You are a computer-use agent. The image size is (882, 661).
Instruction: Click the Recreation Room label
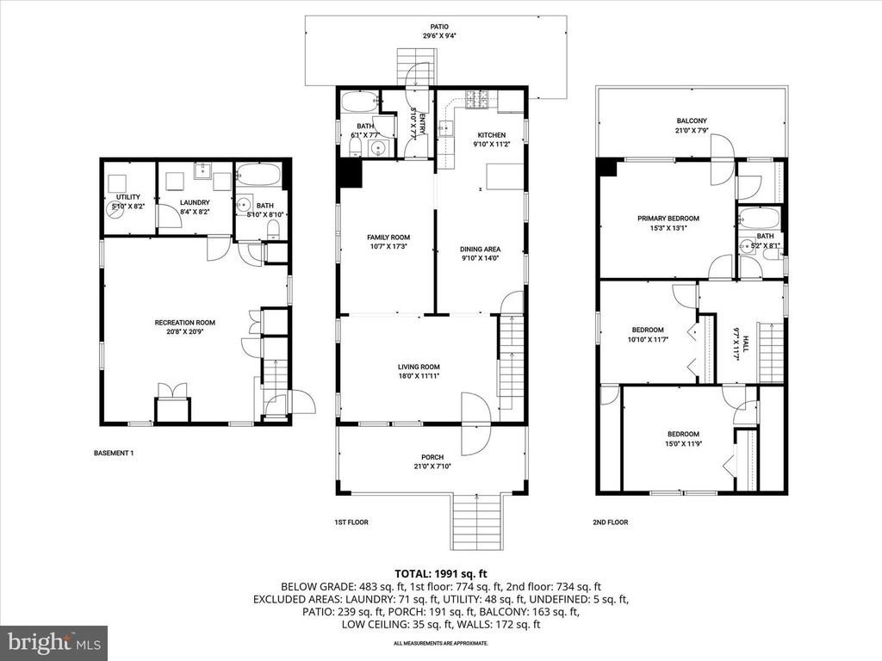tap(184, 323)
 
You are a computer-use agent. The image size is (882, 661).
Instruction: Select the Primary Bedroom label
tap(668, 219)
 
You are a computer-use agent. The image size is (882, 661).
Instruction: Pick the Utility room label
tap(116, 197)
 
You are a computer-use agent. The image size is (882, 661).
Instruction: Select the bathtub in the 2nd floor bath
tap(760, 217)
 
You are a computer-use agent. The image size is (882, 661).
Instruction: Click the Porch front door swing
tap(475, 424)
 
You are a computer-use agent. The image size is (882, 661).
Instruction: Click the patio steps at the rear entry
tap(413, 67)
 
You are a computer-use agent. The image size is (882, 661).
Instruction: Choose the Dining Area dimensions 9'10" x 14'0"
tap(480, 257)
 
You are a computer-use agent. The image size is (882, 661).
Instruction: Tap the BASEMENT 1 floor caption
tap(113, 453)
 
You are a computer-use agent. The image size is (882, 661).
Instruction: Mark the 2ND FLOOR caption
tap(612, 522)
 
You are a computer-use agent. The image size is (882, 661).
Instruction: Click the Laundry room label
tap(194, 203)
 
